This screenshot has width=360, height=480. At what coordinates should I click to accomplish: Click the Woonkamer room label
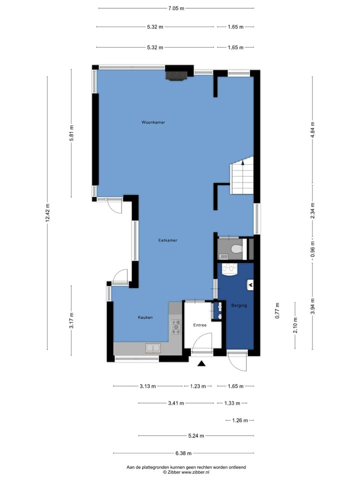tap(153, 122)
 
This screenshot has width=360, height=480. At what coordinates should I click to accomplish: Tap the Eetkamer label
tap(168, 240)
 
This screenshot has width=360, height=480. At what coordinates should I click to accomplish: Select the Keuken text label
tap(145, 317)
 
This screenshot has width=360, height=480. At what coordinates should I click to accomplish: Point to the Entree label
tap(199, 325)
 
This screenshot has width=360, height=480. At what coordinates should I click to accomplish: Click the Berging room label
tap(239, 305)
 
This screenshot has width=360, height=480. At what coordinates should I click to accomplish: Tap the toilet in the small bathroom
tap(237, 249)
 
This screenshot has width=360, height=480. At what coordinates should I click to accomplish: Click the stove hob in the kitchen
tap(176, 326)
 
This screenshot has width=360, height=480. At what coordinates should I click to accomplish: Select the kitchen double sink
tap(153, 348)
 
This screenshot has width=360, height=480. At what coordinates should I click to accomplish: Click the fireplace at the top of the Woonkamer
tap(176, 76)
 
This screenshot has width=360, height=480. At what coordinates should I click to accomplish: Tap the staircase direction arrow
tap(243, 162)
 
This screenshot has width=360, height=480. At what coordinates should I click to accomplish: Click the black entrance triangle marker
tap(201, 363)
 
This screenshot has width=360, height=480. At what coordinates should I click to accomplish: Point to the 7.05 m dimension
tap(176, 8)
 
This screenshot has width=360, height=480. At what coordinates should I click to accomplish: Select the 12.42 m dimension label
tap(47, 213)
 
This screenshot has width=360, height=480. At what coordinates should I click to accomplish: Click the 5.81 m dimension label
tap(71, 133)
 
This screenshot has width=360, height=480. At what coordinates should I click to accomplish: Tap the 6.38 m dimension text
tap(183, 453)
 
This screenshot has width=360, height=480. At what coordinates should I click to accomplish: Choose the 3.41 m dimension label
tap(176, 403)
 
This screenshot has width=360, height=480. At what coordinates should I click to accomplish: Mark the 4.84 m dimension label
tap(312, 130)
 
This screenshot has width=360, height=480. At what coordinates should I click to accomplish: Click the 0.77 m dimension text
tap(277, 310)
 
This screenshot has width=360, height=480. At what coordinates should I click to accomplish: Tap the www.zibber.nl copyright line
tap(186, 472)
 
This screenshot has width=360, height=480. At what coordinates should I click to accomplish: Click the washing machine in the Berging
tap(230, 269)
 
